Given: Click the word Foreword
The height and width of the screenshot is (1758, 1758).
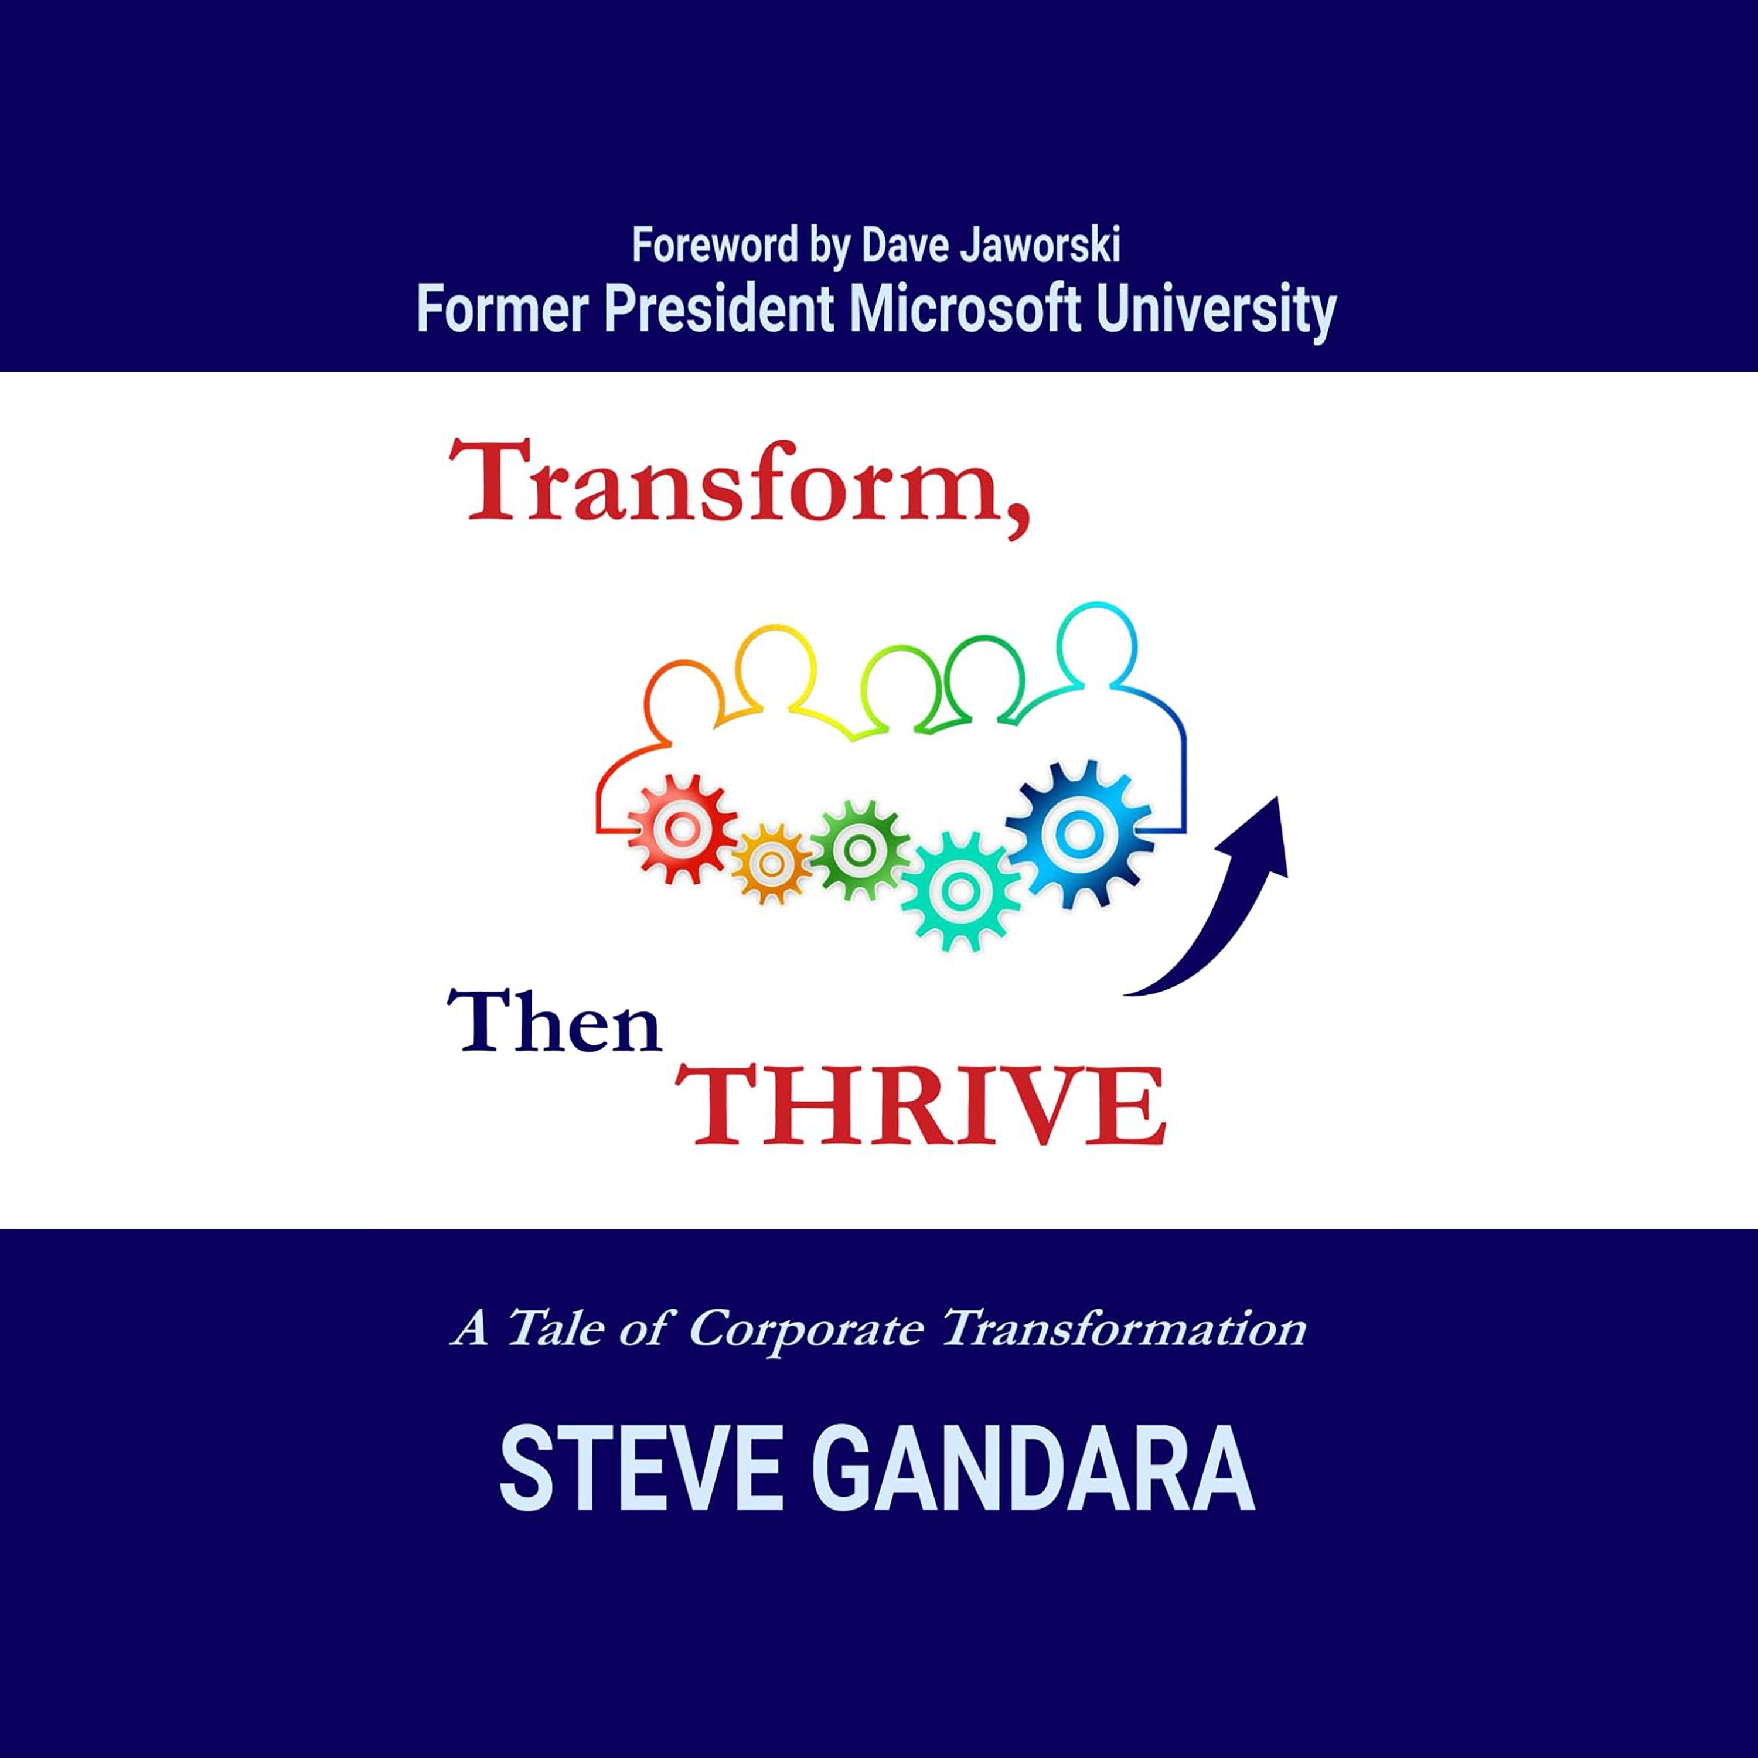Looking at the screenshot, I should (x=714, y=247).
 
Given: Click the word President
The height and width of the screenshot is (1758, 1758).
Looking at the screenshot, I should (x=719, y=311).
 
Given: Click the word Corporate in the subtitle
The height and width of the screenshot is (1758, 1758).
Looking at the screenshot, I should (x=805, y=1330).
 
